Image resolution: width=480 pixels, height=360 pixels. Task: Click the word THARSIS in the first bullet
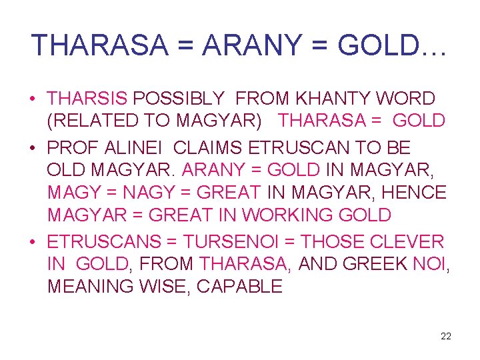[x=87, y=99]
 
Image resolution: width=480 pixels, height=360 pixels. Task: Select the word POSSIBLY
[x=179, y=99]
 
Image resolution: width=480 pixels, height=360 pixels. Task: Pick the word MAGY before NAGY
[x=72, y=193]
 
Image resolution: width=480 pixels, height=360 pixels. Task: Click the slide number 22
[x=446, y=336]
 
